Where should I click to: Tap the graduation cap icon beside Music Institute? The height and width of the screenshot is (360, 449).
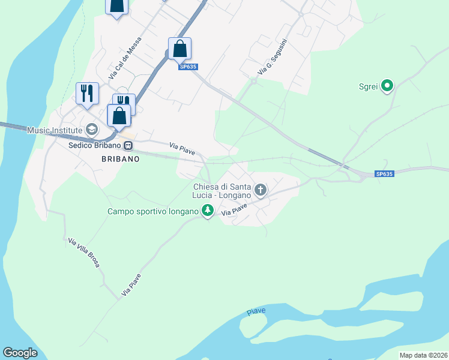92,129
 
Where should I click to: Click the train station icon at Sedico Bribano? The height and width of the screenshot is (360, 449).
128,145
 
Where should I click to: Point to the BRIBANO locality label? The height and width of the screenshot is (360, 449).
120,159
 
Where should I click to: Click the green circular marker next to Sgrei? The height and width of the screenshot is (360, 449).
387,86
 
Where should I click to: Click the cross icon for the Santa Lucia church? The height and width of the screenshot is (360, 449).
260,191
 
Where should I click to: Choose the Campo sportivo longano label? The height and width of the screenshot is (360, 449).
153,211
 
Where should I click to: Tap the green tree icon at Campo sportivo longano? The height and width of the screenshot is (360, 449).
207,211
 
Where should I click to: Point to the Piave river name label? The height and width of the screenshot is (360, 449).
256,312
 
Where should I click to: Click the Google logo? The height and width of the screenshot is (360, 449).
20,353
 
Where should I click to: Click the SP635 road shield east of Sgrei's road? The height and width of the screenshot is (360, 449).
384,174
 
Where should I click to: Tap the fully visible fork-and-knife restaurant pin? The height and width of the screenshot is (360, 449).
87,94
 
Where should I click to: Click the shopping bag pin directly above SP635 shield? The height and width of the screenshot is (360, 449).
179,49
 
